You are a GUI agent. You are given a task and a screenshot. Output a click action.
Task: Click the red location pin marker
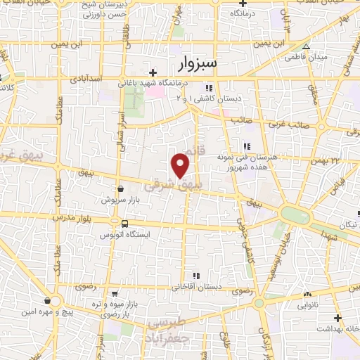(181, 165)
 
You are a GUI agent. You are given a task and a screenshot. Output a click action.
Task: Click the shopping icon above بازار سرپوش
(121, 188)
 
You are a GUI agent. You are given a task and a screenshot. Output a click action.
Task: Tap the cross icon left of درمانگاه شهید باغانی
(152, 72)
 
